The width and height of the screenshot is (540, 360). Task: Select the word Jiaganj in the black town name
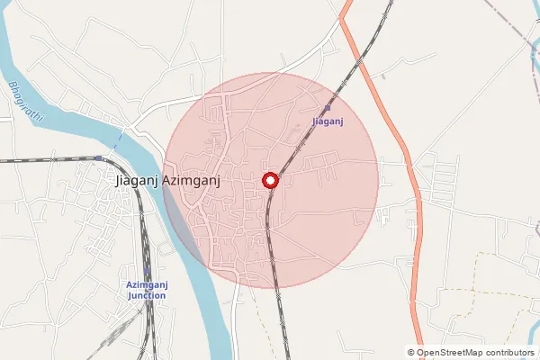click(137, 180)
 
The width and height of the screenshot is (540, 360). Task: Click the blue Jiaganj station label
click(327, 119)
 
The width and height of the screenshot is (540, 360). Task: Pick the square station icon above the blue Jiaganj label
click(327, 108)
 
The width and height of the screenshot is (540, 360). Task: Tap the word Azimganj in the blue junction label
click(147, 285)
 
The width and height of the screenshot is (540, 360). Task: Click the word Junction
click(147, 295)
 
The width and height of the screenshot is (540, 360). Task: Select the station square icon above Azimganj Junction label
click(147, 274)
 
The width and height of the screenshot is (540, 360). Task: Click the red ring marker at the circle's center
click(270, 180)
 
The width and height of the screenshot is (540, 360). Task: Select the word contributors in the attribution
click(508, 353)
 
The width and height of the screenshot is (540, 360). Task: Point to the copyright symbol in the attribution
click(411, 353)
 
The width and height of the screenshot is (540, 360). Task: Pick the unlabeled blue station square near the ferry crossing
click(98, 158)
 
